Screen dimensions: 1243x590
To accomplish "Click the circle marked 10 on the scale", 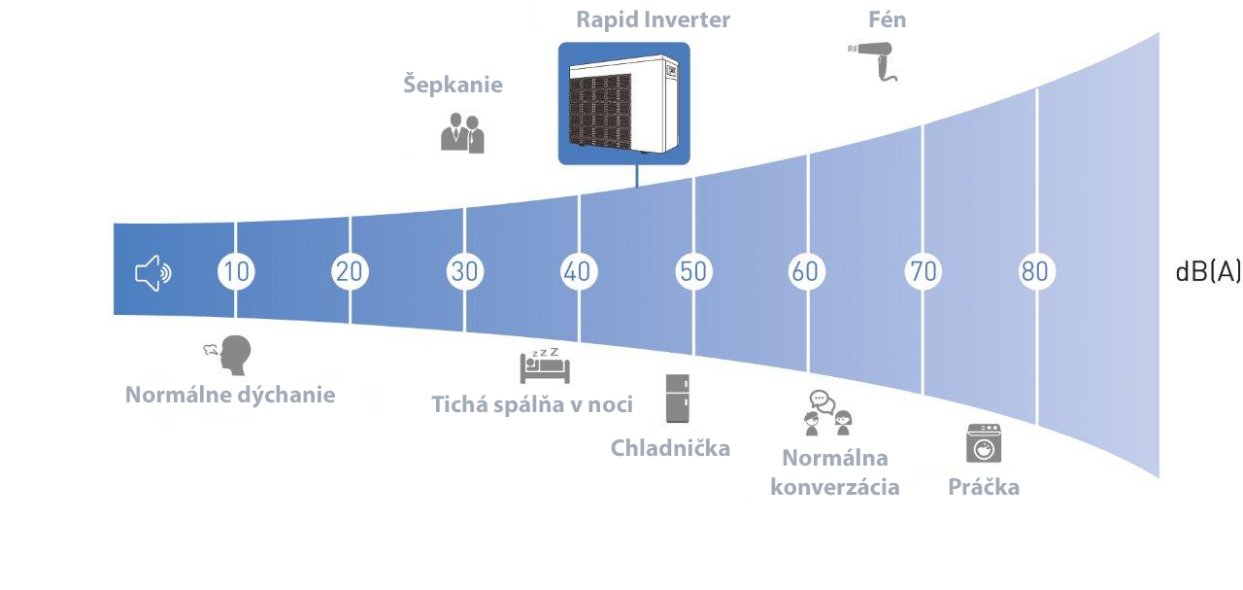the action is pos(236,271).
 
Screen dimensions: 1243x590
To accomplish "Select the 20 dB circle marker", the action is pos(350,271).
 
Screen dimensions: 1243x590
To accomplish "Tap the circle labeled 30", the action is pos(464,271).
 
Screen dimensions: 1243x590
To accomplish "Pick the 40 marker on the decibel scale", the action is pos(579,271).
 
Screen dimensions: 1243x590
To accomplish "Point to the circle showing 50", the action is pos(693,271).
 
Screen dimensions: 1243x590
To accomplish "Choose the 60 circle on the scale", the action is pos(806,271).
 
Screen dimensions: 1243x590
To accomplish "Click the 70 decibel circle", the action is pos(924,271).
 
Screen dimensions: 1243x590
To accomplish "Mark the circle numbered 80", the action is pos(1036,271).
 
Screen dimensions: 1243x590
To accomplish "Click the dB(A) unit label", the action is pos(1208,272).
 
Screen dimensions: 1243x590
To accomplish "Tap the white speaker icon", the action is pos(152,273).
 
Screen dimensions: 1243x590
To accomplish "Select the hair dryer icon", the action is pos(873,61).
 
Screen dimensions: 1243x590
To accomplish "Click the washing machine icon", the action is pos(984,443).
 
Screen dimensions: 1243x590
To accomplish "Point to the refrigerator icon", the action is pos(678,399).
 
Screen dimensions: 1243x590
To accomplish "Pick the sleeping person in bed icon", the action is pos(545,366).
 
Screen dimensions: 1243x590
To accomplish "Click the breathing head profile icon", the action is pos(228,355).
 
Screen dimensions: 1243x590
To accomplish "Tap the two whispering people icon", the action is pos(462,133).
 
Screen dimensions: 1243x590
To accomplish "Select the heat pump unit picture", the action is pos(624,103).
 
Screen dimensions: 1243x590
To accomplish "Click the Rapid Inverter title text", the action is pos(654,19).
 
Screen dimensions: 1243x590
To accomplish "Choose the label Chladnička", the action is pos(670,448).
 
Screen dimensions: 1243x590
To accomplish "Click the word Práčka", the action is pos(984,487).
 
